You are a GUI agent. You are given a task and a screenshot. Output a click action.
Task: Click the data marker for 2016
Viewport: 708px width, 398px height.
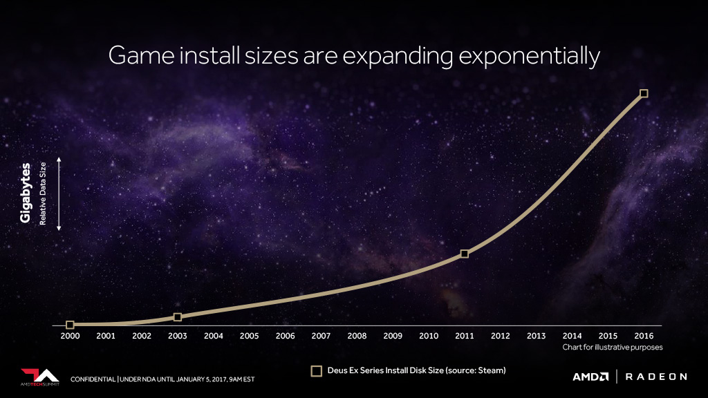pos(644,93)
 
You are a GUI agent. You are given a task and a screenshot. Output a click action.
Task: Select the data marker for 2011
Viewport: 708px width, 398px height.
pos(464,254)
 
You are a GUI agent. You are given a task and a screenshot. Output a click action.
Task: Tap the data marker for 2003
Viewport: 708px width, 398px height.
pos(178,317)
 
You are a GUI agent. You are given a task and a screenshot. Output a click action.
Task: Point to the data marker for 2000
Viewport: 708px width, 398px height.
pos(70,325)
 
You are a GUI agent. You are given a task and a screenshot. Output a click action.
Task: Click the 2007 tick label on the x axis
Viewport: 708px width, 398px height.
pos(321,336)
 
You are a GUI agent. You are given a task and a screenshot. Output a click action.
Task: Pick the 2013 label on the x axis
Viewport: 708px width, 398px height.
pos(536,336)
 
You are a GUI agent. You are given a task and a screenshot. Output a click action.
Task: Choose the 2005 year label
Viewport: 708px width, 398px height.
pos(249,336)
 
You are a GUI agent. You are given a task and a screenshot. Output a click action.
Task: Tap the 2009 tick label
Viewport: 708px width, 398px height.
pos(393,336)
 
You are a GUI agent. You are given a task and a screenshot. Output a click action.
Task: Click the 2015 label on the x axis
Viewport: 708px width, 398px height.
pos(608,336)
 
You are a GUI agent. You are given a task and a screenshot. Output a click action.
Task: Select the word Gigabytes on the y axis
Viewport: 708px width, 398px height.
pos(26,193)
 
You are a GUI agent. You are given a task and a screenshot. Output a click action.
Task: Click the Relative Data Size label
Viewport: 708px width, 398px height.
pos(43,193)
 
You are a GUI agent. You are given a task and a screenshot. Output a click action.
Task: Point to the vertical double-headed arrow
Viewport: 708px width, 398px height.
pos(59,194)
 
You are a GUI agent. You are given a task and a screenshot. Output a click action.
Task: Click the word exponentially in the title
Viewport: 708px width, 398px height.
pos(529,57)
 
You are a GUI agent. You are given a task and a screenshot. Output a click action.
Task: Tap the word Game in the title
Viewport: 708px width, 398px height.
pos(141,56)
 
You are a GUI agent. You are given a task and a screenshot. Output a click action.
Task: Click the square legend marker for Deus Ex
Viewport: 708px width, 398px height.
pos(317,371)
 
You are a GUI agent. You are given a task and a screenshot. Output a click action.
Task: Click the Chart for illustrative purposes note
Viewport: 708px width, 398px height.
pos(613,347)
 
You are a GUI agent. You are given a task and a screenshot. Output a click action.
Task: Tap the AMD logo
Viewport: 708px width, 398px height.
pos(590,377)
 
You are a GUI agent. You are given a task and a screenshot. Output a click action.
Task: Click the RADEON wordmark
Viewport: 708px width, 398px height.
pos(656,377)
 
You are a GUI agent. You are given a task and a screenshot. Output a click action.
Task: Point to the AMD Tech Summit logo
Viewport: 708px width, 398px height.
pos(39,377)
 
